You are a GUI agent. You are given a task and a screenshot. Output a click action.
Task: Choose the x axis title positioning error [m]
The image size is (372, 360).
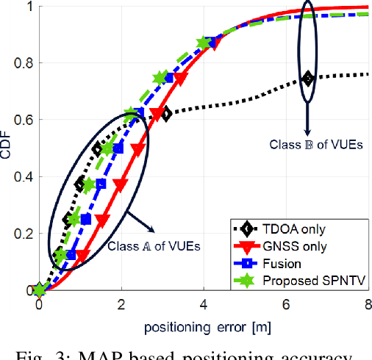tap(204, 324)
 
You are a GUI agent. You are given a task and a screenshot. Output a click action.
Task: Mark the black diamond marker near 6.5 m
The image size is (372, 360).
tap(308, 79)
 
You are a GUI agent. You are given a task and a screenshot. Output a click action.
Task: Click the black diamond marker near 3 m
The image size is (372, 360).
tap(165, 114)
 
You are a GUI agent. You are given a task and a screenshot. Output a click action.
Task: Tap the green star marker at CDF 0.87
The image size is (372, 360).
tap(205, 43)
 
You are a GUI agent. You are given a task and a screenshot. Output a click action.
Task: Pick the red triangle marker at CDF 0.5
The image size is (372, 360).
tap(137, 149)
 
